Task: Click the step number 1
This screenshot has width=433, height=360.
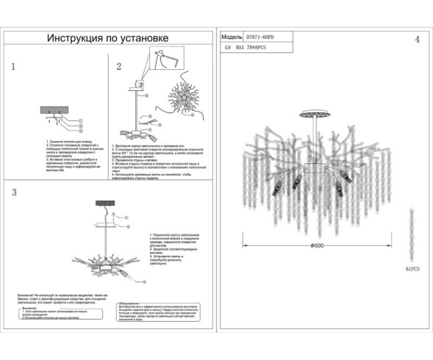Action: point(13,66)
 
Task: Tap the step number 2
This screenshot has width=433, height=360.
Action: point(118,66)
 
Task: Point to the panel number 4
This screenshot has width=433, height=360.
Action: point(417,39)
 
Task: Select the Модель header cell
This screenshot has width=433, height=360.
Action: point(232,35)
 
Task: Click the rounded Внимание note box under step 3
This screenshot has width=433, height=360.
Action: point(49,314)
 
